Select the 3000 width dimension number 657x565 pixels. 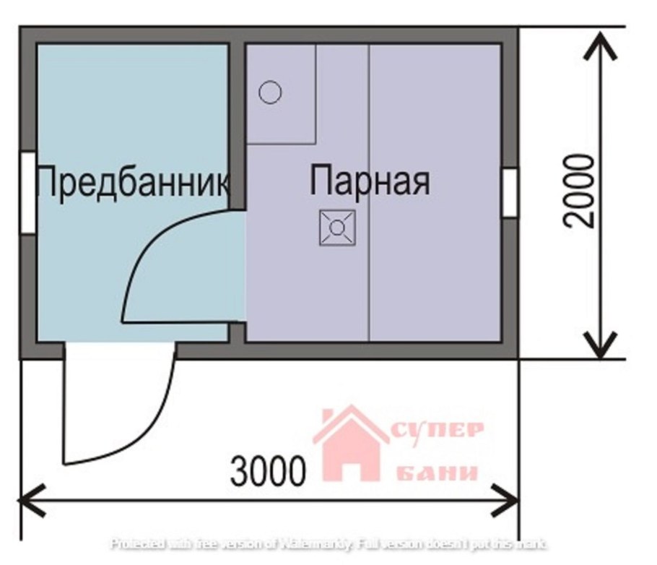coord(268,473)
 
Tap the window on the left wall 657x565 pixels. coord(27,191)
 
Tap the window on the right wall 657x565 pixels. coord(510,191)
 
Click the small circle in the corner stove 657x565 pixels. coord(270,92)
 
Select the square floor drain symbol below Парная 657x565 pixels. coord(337,228)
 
